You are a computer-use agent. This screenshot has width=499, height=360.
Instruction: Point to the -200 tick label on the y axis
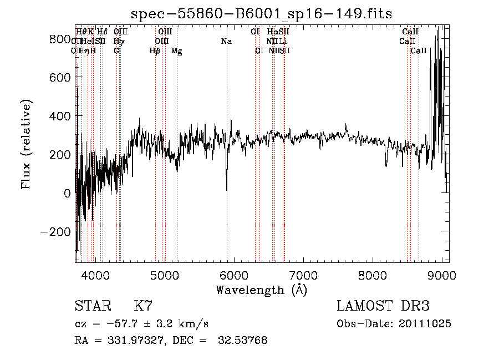point(56,231)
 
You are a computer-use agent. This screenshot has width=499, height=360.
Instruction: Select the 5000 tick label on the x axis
point(165,275)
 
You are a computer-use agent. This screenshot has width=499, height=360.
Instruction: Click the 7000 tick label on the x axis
point(303,275)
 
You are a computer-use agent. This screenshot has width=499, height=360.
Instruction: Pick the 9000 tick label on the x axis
point(442,275)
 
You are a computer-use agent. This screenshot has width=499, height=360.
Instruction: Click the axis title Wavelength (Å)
point(261,290)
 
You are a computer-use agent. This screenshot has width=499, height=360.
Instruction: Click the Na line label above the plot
point(226,42)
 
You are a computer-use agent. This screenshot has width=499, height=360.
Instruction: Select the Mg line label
point(176,51)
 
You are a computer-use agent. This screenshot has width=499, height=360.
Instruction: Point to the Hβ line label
point(155,51)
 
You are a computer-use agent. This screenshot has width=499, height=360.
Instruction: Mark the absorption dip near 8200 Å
point(386,164)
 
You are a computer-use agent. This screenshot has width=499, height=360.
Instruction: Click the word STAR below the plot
point(92,306)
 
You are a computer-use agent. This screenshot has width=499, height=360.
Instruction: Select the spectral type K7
point(142,306)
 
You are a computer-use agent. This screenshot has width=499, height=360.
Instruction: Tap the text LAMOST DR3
point(383,306)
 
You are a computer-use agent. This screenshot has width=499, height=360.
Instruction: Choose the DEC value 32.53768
point(243,341)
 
